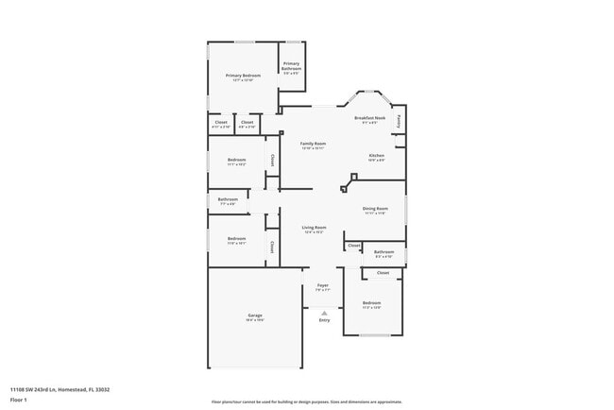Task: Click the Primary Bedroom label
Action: (243, 76)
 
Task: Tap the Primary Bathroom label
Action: (292, 65)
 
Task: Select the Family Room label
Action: (313, 144)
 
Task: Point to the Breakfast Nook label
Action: (370, 118)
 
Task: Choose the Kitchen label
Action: (376, 155)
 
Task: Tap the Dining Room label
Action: (375, 209)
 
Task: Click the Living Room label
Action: (314, 228)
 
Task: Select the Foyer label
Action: (322, 285)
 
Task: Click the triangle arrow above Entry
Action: (324, 312)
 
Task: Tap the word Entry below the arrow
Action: (324, 320)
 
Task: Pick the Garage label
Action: (255, 315)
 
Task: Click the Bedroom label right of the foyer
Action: (371, 302)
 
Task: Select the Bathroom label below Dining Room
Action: (384, 252)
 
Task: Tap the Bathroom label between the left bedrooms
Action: (228, 199)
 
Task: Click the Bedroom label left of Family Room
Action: (236, 160)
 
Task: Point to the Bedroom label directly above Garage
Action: (236, 238)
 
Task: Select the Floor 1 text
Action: (19, 401)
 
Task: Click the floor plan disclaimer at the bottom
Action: (307, 401)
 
